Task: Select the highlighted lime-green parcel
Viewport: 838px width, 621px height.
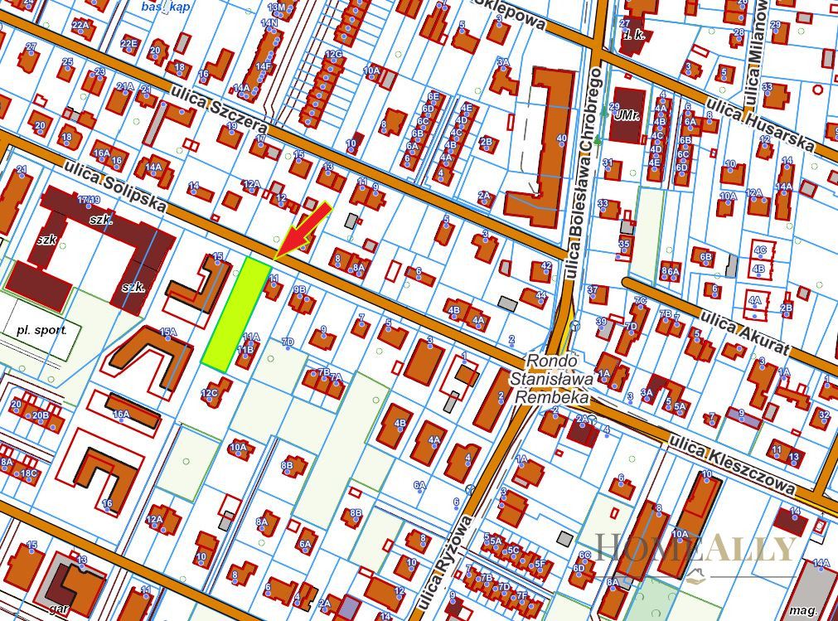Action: (x=235, y=313)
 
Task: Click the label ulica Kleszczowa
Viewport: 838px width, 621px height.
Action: (x=734, y=465)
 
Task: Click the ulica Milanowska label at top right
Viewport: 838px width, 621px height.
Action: (x=753, y=58)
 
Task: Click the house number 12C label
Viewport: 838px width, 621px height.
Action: (x=209, y=392)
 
